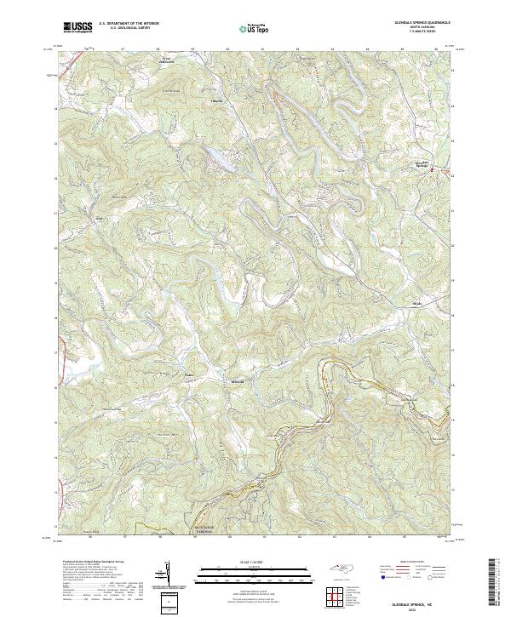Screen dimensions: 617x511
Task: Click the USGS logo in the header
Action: [x=78, y=27]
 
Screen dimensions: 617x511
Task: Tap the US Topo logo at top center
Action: [x=251, y=28]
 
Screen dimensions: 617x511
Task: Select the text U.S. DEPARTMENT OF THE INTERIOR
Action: [x=129, y=23]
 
